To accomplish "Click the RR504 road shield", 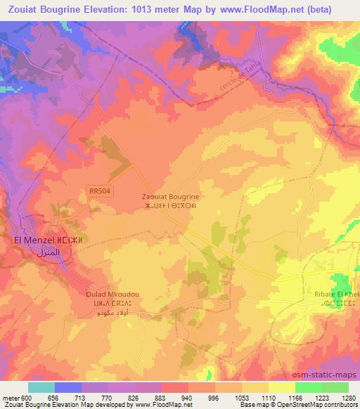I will coord(99,190).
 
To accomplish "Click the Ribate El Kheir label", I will coord(336,294).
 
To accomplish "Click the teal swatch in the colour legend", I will coord(41,387).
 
